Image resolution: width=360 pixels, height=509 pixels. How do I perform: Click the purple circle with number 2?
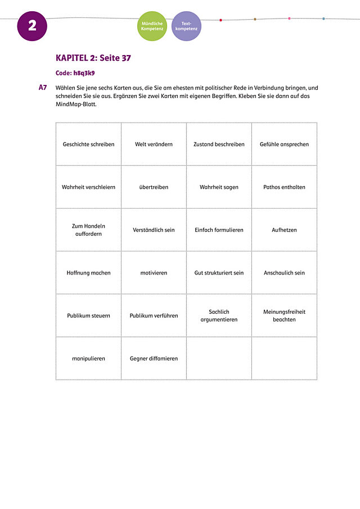coord(32,26)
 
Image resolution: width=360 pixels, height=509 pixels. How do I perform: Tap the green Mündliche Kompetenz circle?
coord(152,26)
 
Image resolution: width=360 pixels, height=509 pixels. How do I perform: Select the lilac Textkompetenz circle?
coord(186,26)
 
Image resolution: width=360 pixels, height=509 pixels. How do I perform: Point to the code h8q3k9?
coord(75,73)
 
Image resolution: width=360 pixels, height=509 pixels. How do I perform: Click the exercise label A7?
coord(43,88)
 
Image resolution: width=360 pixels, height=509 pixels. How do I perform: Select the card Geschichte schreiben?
coord(88,145)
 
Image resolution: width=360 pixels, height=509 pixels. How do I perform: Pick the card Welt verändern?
coord(154,145)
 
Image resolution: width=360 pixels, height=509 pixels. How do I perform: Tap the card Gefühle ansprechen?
coord(284,145)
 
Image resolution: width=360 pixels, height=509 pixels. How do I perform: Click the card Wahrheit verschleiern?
coord(88,187)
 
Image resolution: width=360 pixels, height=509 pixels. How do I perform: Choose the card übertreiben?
coord(154,187)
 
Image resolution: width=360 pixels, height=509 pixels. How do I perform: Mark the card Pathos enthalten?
coord(284,187)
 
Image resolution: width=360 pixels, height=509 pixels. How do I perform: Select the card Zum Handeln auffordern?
coord(88,230)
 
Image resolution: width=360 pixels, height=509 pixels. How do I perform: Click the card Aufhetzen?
coord(284,230)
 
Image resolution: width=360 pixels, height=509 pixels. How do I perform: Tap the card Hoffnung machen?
coord(88,273)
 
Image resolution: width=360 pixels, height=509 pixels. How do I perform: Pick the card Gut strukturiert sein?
coord(219,273)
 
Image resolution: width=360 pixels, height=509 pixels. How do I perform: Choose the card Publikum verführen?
coord(154,316)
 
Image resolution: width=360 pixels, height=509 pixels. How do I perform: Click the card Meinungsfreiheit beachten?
coord(284,316)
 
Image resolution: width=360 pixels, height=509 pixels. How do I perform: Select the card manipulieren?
coord(88,358)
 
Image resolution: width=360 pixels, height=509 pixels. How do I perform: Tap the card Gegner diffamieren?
coord(154,358)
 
